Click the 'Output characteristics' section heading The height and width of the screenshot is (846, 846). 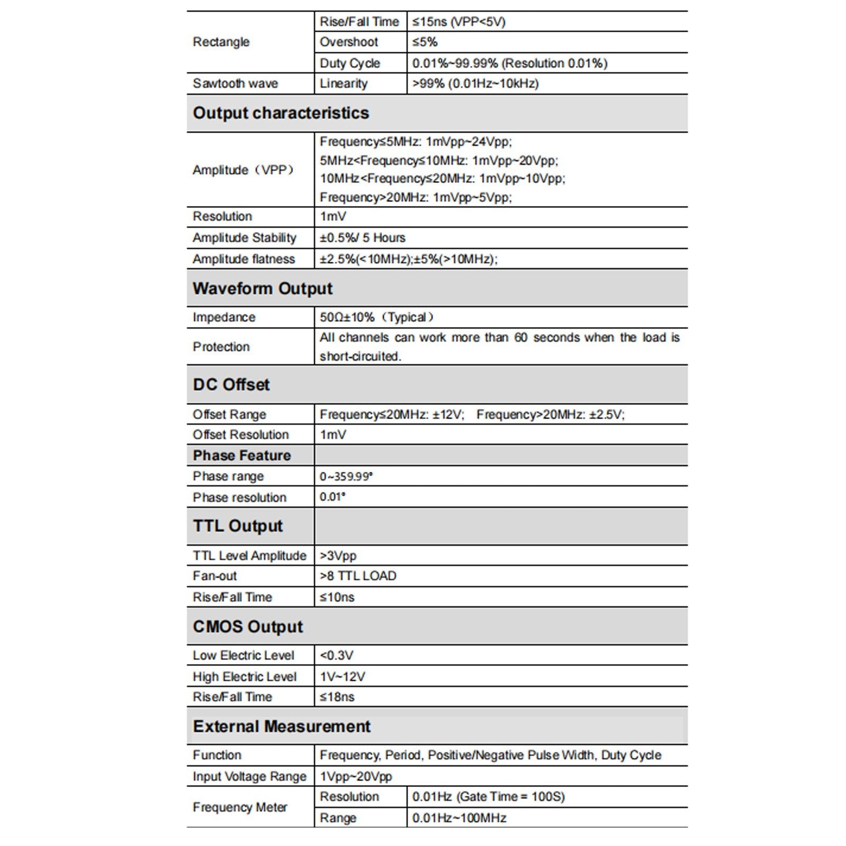pyautogui.click(x=281, y=113)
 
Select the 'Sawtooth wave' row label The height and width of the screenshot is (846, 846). pyautogui.click(x=235, y=83)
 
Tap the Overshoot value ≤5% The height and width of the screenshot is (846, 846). pyautogui.click(x=425, y=42)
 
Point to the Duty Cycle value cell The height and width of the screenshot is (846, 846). pyautogui.click(x=509, y=63)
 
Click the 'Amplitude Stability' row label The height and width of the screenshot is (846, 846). pyautogui.click(x=244, y=238)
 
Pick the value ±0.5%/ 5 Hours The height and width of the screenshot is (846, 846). pyautogui.click(x=362, y=238)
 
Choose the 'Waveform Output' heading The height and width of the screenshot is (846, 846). pyautogui.click(x=263, y=289)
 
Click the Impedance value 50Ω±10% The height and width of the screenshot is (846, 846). pyautogui.click(x=376, y=317)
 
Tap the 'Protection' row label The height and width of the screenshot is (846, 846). pyautogui.click(x=221, y=347)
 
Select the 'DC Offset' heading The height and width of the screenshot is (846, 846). pyautogui.click(x=231, y=385)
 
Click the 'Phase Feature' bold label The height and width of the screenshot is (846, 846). pyautogui.click(x=241, y=455)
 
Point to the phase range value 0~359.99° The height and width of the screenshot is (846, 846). pyautogui.click(x=346, y=477)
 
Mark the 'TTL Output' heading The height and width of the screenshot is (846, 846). pyautogui.click(x=238, y=526)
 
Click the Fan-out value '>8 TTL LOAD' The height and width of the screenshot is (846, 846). pyautogui.click(x=358, y=576)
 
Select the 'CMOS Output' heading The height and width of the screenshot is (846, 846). pyautogui.click(x=247, y=627)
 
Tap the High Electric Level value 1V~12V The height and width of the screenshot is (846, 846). pyautogui.click(x=342, y=676)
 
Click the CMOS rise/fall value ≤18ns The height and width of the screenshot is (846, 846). pyautogui.click(x=337, y=697)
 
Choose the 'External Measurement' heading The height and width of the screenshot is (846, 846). pyautogui.click(x=282, y=727)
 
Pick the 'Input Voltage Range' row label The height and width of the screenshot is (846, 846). pyautogui.click(x=249, y=776)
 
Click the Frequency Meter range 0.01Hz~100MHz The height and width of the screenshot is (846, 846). pyautogui.click(x=459, y=818)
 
